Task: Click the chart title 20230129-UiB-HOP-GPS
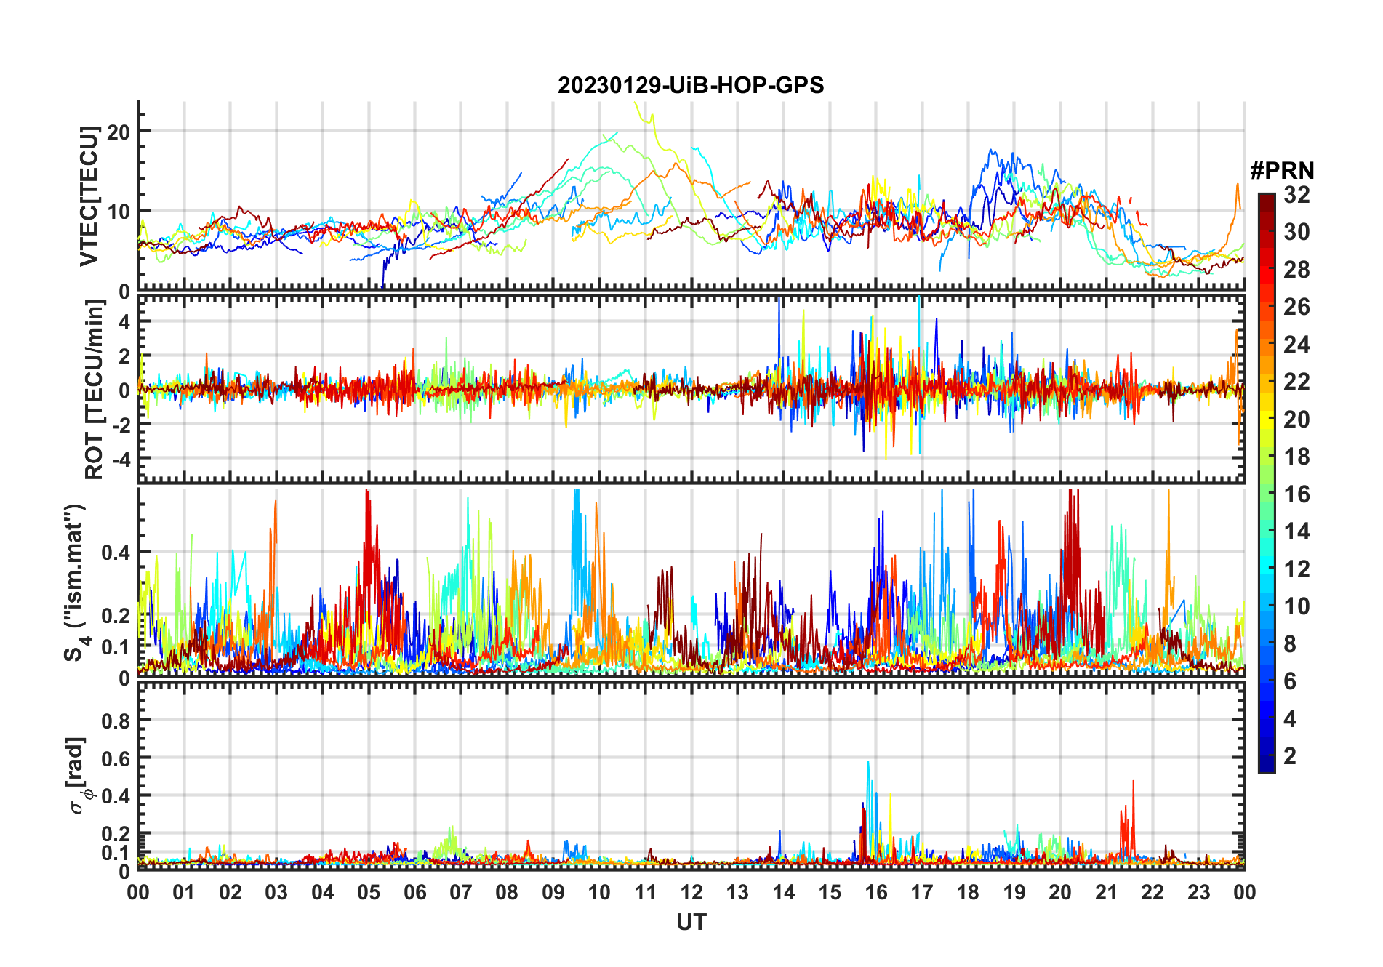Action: coord(691,86)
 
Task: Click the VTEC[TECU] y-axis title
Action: coord(89,196)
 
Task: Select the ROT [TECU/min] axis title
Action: coord(94,390)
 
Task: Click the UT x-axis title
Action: coord(691,923)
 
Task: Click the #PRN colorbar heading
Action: coord(1282,171)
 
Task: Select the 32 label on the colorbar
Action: coord(1296,195)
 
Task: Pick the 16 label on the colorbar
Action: coord(1296,494)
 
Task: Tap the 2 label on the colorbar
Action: coord(1290,756)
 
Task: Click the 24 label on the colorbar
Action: coord(1296,345)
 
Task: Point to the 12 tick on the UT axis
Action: coord(691,892)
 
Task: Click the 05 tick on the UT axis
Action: coord(369,892)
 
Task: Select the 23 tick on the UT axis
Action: coord(1198,892)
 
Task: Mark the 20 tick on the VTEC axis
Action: coord(118,132)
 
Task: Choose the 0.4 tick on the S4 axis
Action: coord(116,553)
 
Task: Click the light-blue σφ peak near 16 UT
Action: coord(868,763)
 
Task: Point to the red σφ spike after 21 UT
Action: coord(1133,782)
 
